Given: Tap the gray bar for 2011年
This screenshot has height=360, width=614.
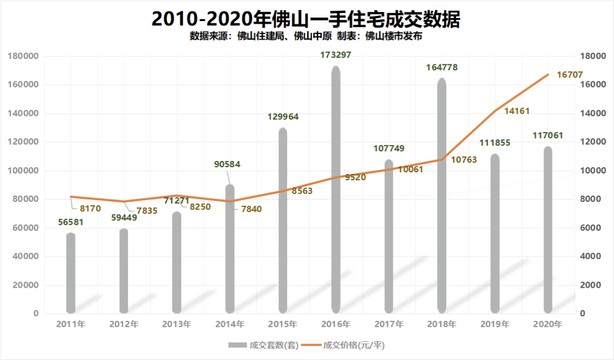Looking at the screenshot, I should coord(70,273).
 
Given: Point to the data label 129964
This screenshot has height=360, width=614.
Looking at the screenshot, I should coord(283,117).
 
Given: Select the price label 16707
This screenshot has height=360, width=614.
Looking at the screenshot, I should coord(572,74).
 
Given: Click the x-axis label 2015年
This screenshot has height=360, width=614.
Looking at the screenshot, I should coord(283,325).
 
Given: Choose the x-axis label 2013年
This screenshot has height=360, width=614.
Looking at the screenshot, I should coord(177,325).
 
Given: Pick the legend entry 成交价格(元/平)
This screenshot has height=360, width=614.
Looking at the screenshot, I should coord(346,345).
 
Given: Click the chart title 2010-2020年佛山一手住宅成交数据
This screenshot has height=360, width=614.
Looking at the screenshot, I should coord(306,19).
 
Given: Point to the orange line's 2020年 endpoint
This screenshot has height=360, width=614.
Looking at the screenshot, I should coord(548,75).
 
